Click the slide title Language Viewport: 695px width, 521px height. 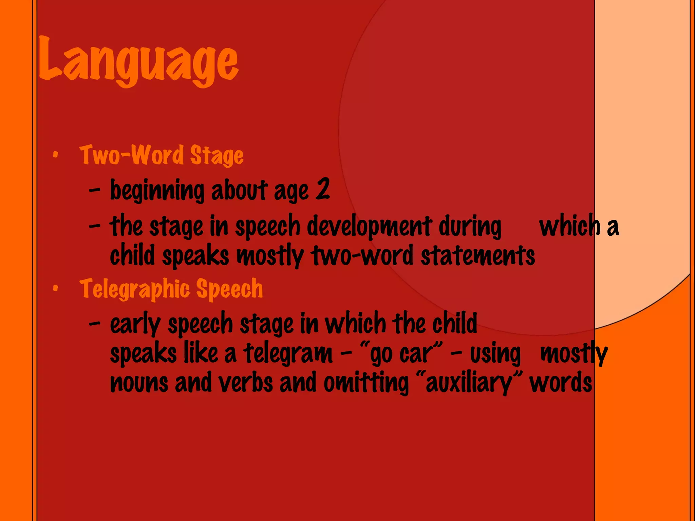pyautogui.click(x=138, y=61)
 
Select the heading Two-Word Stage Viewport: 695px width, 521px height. pyautogui.click(x=162, y=155)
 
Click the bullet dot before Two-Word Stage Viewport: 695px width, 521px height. pyautogui.click(x=55, y=155)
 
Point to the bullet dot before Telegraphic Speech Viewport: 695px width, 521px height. pyautogui.click(x=55, y=289)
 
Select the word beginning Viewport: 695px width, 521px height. pyautogui.click(x=157, y=191)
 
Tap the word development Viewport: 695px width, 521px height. pyautogui.click(x=370, y=227)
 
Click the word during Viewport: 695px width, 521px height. pyautogui.click(x=470, y=227)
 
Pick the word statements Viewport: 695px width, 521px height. pyautogui.click(x=478, y=256)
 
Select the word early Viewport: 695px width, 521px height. pyautogui.click(x=135, y=324)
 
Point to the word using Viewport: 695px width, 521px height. pyautogui.click(x=495, y=354)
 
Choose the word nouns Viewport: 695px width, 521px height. pyautogui.click(x=139, y=383)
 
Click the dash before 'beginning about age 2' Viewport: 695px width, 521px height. pyautogui.click(x=95, y=191)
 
